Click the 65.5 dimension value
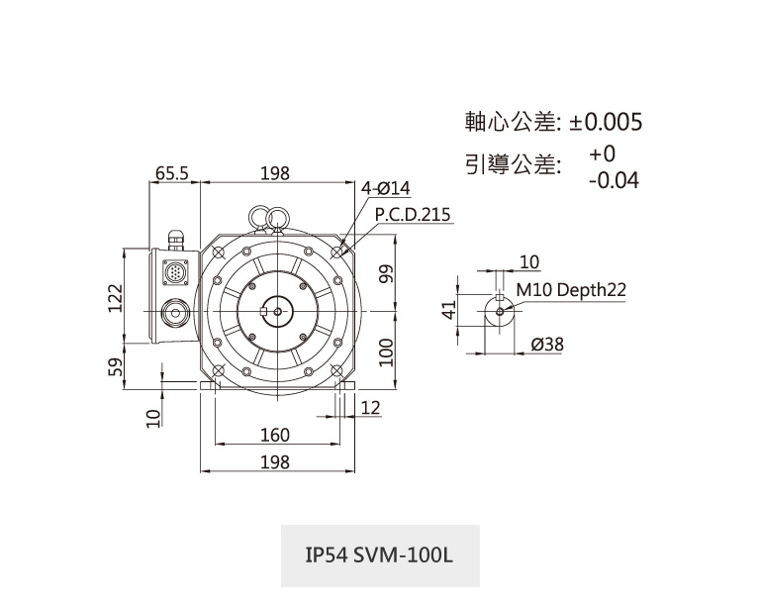click(171, 173)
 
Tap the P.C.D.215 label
click(412, 214)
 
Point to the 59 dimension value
click(115, 367)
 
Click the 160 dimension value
click(274, 436)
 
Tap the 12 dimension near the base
click(371, 408)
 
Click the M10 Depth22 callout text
click(571, 290)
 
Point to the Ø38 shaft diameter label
click(547, 344)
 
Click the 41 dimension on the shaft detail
click(448, 311)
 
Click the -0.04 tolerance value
click(613, 181)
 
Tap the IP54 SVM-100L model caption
click(380, 555)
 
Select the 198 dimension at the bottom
click(274, 462)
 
